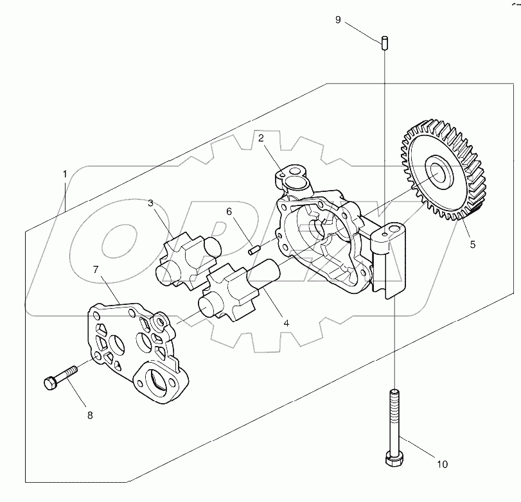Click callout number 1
[x=65, y=174]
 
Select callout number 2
[x=261, y=137]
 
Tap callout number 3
[x=150, y=203]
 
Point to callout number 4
[x=286, y=324]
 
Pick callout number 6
[x=228, y=211]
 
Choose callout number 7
[x=96, y=270]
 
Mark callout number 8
[x=90, y=415]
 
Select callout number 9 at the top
[x=338, y=19]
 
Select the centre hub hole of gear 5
[x=440, y=173]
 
